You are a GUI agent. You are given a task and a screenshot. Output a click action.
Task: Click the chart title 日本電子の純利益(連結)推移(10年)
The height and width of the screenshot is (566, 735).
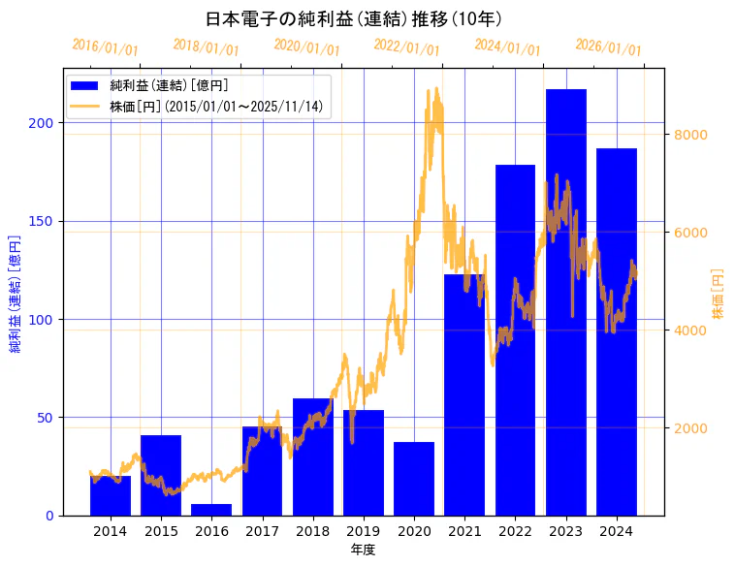pos(353,19)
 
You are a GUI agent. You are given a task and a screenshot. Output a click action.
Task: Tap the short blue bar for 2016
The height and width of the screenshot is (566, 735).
pos(211,510)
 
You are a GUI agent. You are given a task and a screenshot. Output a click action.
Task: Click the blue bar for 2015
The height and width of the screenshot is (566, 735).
pos(161,475)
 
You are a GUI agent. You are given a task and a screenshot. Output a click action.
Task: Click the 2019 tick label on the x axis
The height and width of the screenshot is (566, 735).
pos(364,531)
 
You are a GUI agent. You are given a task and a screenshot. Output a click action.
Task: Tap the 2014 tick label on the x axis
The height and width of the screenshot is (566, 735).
pos(111,531)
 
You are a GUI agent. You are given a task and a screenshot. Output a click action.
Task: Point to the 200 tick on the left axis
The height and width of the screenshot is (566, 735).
pos(46,124)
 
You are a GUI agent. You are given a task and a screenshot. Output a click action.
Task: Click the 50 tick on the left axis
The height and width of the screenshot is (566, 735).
pos(49,418)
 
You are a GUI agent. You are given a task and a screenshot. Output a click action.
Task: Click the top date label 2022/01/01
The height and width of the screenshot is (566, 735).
pos(406,47)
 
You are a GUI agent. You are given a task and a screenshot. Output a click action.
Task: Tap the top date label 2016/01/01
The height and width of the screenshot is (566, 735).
pos(105,47)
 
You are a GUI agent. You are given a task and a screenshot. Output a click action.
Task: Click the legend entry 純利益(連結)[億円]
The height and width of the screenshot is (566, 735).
pos(169,86)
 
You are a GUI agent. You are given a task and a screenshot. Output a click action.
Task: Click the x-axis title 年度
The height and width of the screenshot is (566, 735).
pos(363,550)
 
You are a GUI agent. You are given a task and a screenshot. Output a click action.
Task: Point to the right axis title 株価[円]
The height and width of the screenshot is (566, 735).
pos(718,294)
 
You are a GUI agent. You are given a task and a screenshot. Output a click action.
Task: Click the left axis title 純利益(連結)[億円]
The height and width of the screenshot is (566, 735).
pos(16,294)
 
